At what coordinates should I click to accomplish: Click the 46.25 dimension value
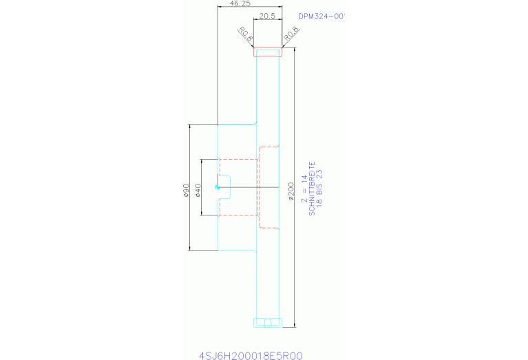click(240, 3)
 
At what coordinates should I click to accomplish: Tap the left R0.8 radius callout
click(246, 33)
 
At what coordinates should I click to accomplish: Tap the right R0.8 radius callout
click(290, 32)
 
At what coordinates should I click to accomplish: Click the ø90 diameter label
click(186, 190)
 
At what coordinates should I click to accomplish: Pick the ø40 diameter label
click(198, 190)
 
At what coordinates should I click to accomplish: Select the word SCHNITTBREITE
click(311, 189)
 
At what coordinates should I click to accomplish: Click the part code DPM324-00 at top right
click(320, 16)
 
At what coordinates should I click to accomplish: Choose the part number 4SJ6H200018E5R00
click(250, 355)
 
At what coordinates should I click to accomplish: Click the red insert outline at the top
click(268, 52)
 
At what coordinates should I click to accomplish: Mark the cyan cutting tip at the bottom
click(267, 322)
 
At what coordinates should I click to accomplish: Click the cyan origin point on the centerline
click(218, 187)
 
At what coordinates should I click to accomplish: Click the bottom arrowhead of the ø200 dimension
click(295, 324)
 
